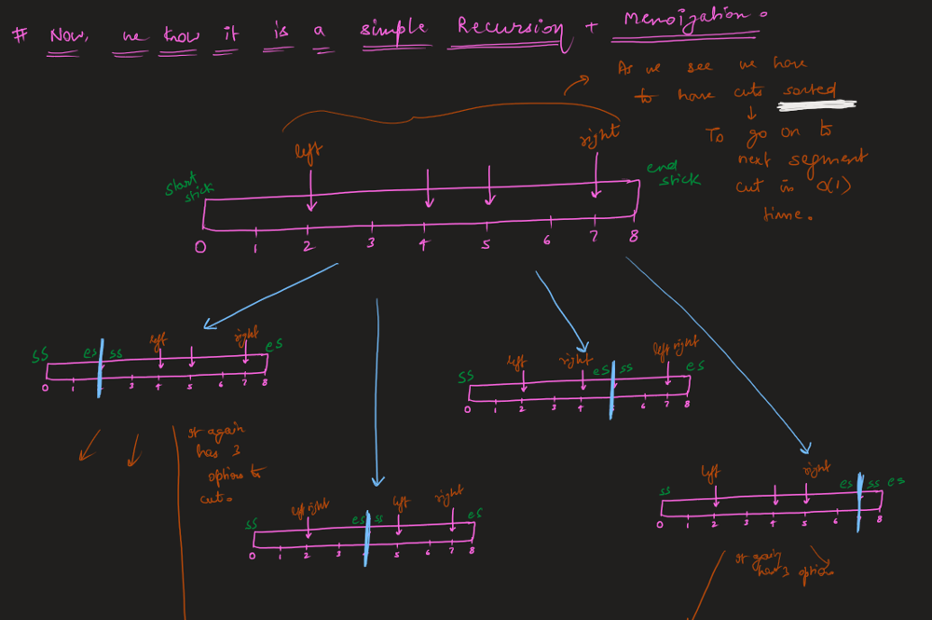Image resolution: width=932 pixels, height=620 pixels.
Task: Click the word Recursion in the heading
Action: (x=511, y=27)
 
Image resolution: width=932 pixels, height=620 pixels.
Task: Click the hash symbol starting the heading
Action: (x=19, y=34)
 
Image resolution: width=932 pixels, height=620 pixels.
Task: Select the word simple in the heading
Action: (x=393, y=28)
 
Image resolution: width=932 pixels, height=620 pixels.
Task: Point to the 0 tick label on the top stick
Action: (x=200, y=247)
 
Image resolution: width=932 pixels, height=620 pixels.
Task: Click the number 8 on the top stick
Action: (x=634, y=236)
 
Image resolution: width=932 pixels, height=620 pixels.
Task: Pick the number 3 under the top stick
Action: (x=370, y=243)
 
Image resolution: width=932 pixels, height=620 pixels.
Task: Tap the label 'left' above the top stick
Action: (x=308, y=151)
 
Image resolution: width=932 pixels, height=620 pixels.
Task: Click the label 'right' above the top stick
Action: (x=599, y=135)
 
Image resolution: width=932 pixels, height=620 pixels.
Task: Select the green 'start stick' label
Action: (x=190, y=189)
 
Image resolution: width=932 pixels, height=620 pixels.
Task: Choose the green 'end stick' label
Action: (x=673, y=172)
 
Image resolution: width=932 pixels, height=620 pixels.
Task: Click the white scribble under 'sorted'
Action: (x=816, y=105)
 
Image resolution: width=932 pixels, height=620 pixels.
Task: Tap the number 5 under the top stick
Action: (x=486, y=244)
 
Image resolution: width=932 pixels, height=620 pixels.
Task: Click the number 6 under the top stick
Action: (x=547, y=241)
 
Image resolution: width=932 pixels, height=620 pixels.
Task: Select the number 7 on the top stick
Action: (x=594, y=238)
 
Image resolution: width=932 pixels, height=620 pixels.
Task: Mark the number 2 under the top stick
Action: (x=308, y=247)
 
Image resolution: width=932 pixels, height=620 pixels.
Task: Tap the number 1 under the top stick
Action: (x=255, y=249)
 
